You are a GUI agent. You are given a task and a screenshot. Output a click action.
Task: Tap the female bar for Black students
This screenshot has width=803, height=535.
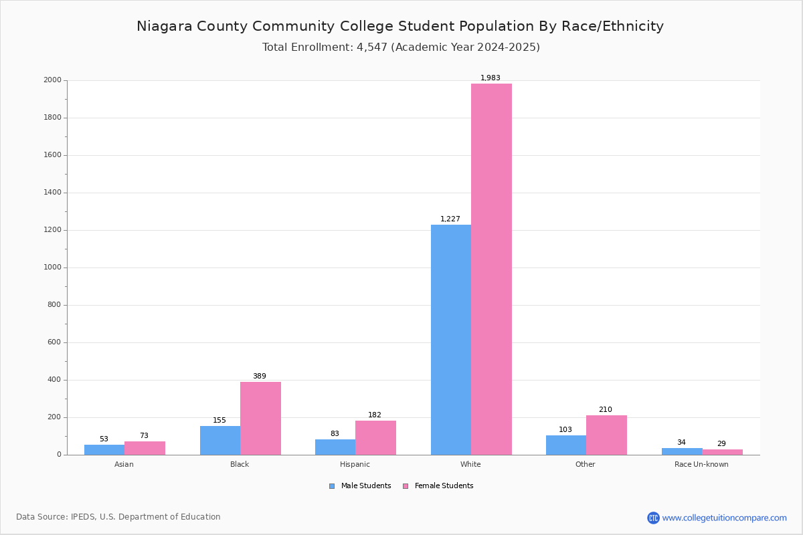tap(260, 418)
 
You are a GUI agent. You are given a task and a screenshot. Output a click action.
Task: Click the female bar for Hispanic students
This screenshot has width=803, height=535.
tap(375, 437)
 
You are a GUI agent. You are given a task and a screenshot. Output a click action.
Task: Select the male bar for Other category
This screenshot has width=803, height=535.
tap(565, 445)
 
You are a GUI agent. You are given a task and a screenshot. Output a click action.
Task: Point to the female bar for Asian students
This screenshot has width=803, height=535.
tap(145, 448)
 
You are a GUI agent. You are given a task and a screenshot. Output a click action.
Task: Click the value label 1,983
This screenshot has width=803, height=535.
tap(490, 78)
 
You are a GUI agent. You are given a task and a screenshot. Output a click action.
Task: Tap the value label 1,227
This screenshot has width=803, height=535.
tap(450, 219)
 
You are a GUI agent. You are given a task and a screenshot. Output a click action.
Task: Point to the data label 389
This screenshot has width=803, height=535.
tap(259, 377)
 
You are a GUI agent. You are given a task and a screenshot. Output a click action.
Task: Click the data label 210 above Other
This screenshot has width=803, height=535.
tap(605, 410)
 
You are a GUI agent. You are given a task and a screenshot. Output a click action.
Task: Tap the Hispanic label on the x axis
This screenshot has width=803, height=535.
tap(355, 464)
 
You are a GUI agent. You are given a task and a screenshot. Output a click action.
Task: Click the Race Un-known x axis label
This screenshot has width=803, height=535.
tap(701, 464)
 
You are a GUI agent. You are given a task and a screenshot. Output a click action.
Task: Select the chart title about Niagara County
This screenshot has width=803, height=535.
tap(400, 27)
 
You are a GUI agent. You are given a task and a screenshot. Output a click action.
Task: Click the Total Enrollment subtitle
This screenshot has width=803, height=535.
tap(401, 47)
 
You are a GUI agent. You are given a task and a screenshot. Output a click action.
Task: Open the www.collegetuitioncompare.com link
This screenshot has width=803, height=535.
tap(724, 518)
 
